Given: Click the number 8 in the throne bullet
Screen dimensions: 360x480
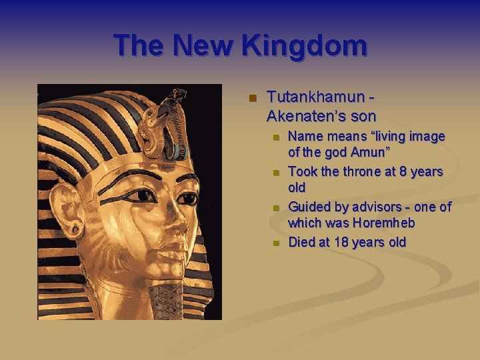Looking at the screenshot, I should click(401, 171).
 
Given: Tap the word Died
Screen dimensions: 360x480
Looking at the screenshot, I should click(301, 241).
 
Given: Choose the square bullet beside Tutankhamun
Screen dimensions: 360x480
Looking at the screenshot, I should click(252, 99).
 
